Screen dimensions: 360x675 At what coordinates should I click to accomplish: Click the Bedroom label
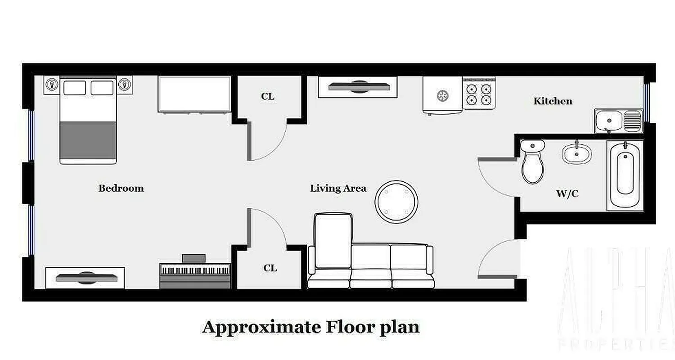121,188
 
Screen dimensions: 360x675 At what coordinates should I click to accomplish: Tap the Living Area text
338,189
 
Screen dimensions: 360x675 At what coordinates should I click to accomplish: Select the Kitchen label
553,101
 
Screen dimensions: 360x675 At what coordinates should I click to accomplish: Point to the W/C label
567,194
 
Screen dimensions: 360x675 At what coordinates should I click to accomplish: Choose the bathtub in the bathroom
625,175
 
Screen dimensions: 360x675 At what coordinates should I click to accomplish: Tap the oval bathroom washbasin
576,153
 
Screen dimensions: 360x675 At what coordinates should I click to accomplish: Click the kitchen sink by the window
618,121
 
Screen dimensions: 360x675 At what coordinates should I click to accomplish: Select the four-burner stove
479,94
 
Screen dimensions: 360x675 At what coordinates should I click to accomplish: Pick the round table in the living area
396,202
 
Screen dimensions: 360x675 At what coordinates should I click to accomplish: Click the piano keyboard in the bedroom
195,272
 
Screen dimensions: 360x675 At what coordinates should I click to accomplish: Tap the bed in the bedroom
88,121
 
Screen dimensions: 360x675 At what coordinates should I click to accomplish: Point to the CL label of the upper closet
267,96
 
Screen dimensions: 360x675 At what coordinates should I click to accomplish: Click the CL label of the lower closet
270,268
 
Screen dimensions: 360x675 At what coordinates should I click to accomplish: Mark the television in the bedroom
85,278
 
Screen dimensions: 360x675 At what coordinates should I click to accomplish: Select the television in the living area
358,86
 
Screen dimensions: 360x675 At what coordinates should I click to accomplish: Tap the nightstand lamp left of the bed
52,85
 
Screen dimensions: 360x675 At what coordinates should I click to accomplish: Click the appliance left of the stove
442,95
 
